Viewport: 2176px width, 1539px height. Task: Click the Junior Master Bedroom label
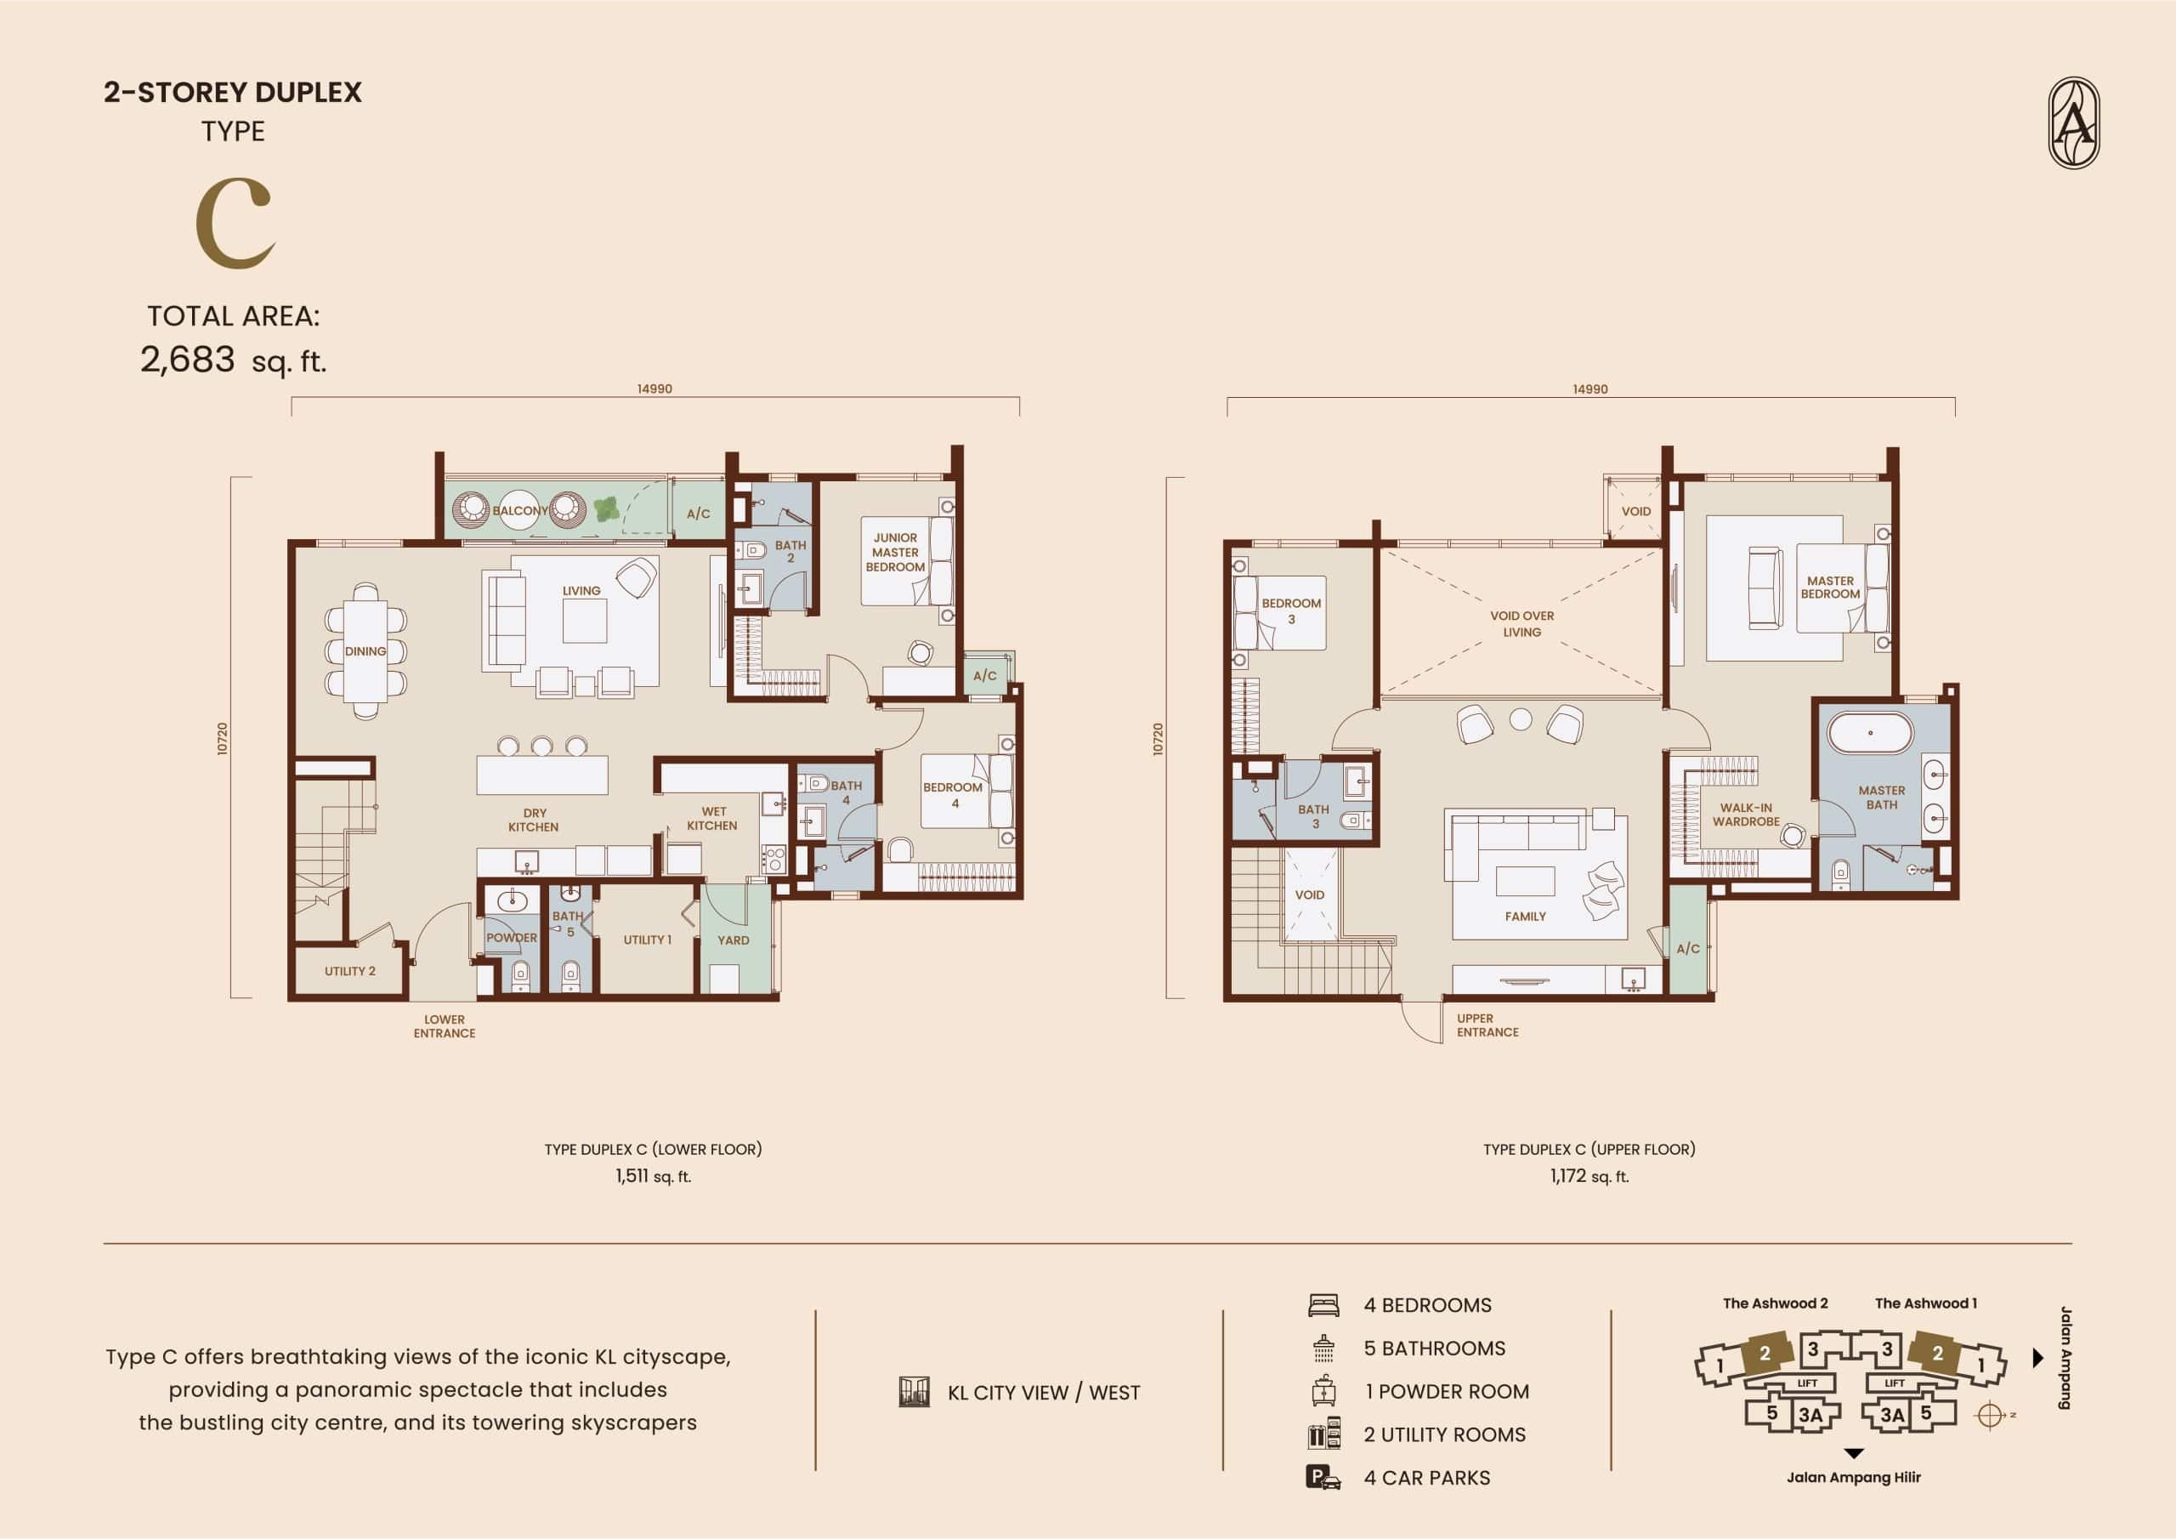click(895, 552)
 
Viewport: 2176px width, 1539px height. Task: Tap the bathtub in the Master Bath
click(1870, 733)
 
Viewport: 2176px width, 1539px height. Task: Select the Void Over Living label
click(1522, 624)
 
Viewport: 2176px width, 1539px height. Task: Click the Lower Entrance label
click(445, 1026)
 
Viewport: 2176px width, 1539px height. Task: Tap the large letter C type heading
click(235, 224)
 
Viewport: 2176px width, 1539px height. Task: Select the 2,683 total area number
click(188, 360)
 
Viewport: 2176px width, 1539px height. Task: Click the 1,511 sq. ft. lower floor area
click(653, 1176)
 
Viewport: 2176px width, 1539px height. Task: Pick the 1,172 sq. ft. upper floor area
click(1589, 1176)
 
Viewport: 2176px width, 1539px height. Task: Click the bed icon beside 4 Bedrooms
click(1323, 1305)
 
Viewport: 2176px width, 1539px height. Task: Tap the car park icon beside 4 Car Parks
click(1323, 1478)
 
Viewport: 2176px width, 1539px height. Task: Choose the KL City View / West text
click(1044, 1392)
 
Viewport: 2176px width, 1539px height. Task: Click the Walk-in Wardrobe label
click(1746, 815)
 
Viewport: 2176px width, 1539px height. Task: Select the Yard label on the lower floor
click(733, 940)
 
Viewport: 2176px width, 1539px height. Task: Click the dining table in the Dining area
click(365, 650)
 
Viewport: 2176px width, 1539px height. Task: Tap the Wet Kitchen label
click(712, 818)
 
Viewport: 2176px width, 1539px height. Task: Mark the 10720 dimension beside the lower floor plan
click(223, 738)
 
